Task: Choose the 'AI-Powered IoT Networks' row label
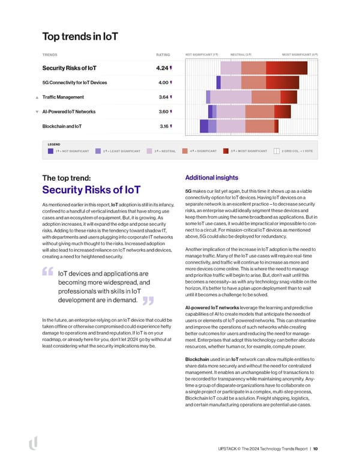coord(69,112)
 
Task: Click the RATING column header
coord(163,54)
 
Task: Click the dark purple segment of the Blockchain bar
coord(204,126)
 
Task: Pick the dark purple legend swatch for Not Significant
coord(50,151)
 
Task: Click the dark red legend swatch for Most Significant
coord(226,151)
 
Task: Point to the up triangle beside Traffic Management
coord(37,97)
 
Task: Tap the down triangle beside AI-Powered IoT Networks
coord(37,112)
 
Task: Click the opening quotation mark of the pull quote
coord(49,273)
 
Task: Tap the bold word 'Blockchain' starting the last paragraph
coord(198,359)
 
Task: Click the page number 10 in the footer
coord(316,448)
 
